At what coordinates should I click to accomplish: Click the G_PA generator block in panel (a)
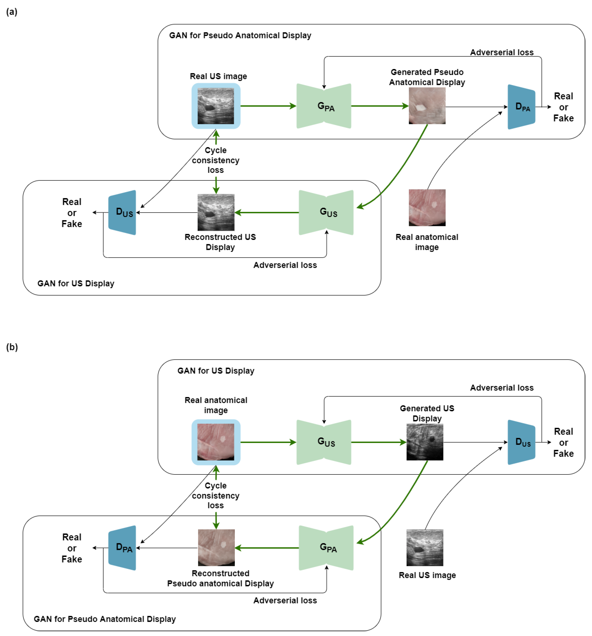323,106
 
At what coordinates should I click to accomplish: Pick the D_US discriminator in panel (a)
122,212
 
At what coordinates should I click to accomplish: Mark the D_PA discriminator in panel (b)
122,547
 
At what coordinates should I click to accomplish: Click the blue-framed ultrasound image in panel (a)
215,106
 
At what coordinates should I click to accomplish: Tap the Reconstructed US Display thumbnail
215,212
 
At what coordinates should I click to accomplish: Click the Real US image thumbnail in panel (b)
424,547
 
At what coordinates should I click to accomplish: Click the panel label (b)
12,347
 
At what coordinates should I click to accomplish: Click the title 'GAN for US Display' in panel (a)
76,284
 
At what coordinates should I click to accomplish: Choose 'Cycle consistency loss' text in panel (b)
215,495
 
